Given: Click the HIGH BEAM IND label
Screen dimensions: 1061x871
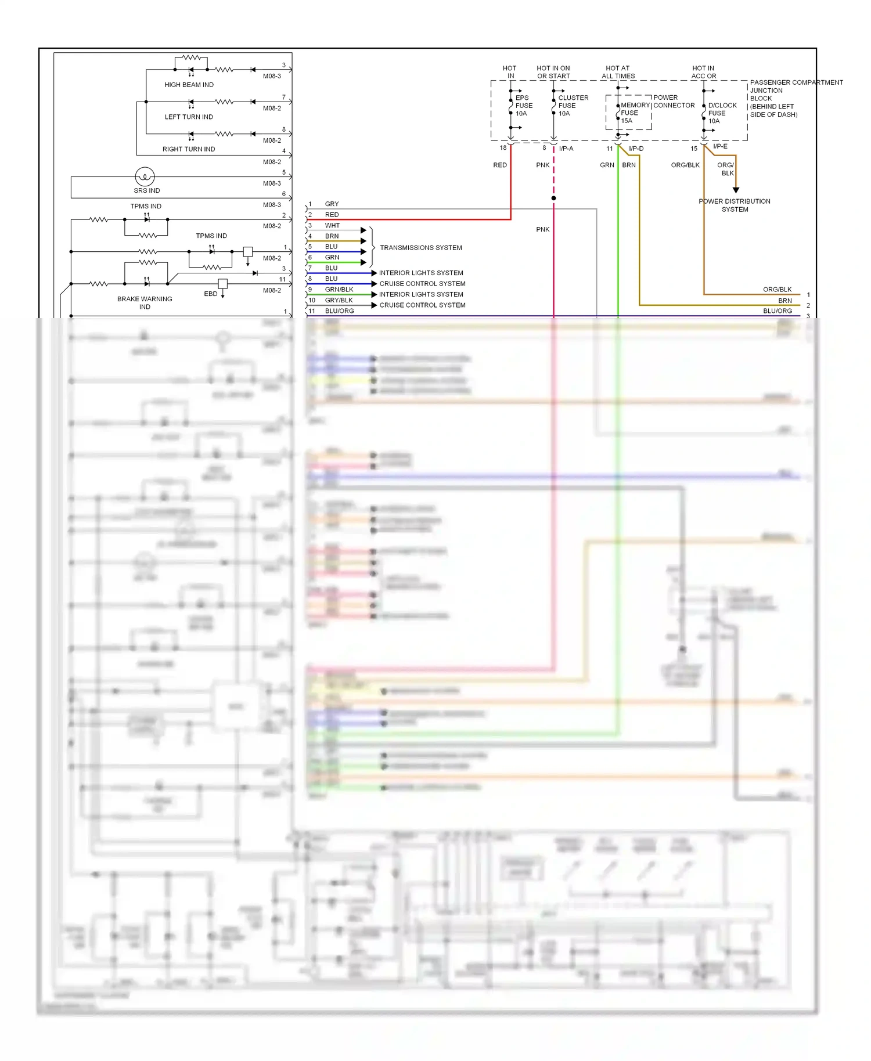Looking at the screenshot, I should [x=189, y=85].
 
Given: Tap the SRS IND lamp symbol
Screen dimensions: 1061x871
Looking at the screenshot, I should [x=145, y=176].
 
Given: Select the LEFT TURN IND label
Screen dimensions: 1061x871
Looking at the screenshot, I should [x=189, y=117].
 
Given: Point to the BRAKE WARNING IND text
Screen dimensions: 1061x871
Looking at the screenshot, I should [x=145, y=302].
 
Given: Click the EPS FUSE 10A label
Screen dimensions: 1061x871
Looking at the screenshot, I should [x=523, y=106].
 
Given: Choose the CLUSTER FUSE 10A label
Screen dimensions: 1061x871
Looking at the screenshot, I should [x=573, y=106].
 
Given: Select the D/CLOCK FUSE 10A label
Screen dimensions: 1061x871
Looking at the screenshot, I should [x=722, y=113].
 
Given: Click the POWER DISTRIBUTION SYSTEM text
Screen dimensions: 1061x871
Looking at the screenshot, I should [x=735, y=205].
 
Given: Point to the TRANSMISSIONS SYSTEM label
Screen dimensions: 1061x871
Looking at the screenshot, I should [x=420, y=248].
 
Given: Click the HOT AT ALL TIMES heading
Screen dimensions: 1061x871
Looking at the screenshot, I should [x=618, y=72].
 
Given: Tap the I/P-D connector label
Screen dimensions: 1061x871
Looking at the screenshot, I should [x=636, y=149].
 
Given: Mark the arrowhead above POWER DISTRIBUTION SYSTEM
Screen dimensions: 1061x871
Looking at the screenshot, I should [x=736, y=190].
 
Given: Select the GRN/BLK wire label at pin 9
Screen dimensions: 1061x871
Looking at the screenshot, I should [x=339, y=290].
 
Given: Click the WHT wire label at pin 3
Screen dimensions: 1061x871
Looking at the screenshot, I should [x=332, y=226].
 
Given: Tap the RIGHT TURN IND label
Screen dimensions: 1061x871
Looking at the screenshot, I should [x=188, y=149].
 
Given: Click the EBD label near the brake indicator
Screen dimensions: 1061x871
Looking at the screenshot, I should [x=210, y=294].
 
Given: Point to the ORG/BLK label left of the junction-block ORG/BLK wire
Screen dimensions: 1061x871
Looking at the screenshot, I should [x=685, y=165].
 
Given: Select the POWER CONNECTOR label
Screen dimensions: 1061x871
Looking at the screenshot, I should [x=674, y=102].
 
